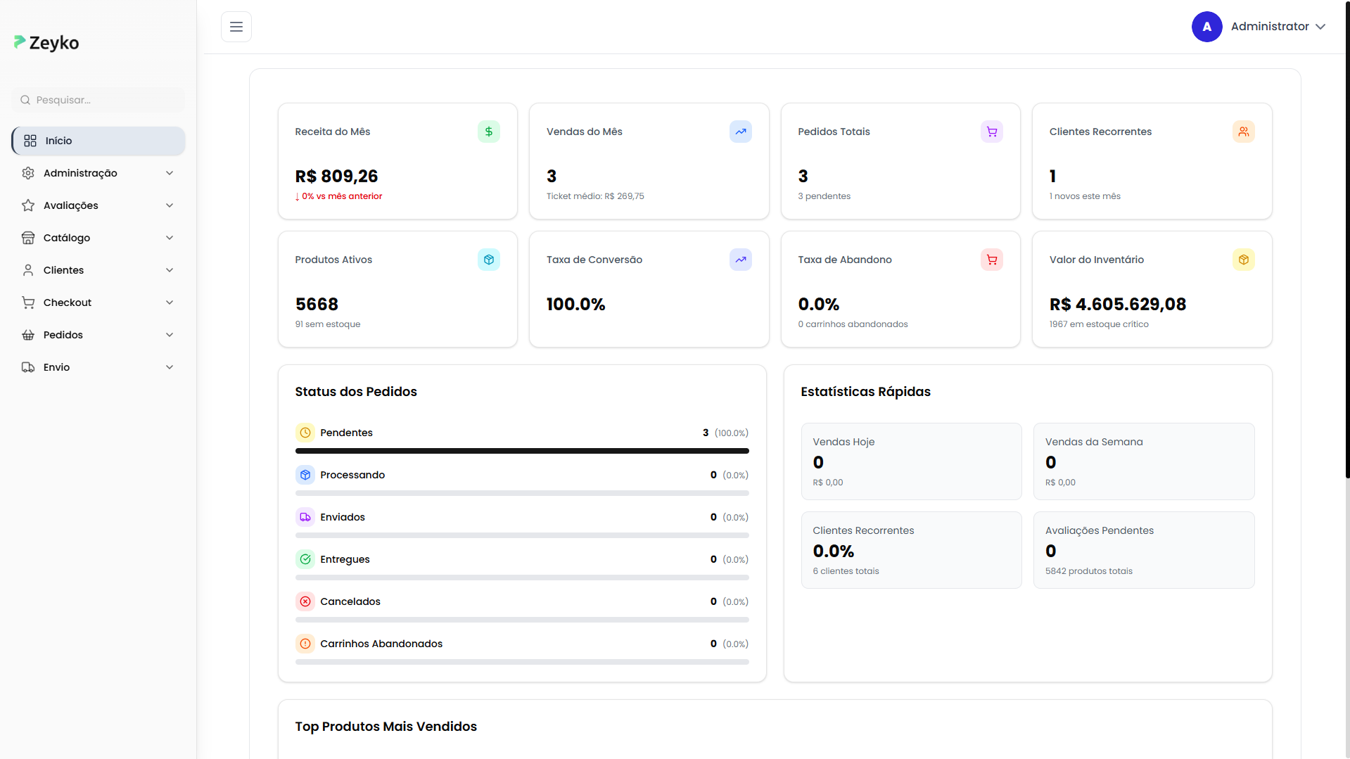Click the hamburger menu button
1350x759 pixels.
click(236, 27)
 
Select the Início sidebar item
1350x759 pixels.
click(98, 141)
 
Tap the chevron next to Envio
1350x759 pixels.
click(170, 367)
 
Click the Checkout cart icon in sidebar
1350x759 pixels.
click(28, 302)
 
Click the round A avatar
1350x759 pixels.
click(1206, 27)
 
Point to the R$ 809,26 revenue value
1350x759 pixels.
click(336, 176)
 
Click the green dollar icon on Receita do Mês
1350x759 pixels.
click(489, 132)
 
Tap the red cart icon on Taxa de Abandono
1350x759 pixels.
click(991, 260)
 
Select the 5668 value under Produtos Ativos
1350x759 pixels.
click(317, 304)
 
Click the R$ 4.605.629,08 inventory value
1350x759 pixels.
click(1117, 304)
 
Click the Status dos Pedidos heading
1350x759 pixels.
click(356, 392)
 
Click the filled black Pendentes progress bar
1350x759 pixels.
click(522, 451)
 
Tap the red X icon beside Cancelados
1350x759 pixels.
click(305, 601)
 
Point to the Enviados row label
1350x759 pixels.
click(343, 517)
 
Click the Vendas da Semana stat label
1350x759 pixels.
click(1093, 442)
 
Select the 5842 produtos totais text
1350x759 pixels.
click(1088, 571)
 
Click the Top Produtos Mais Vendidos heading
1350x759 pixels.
click(386, 727)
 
